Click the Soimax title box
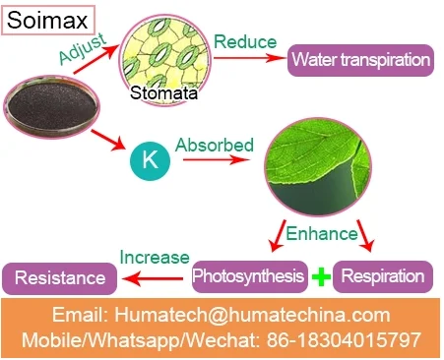(x=48, y=20)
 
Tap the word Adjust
(x=83, y=48)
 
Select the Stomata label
(x=163, y=92)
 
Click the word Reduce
(x=245, y=42)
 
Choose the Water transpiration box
(x=360, y=60)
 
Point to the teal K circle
(x=150, y=161)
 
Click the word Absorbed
(x=215, y=145)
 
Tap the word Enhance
(x=322, y=234)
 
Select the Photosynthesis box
(x=249, y=276)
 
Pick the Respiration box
(x=383, y=276)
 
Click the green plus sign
(x=321, y=276)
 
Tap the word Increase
(x=155, y=258)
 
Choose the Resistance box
(x=60, y=278)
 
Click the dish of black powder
(x=51, y=106)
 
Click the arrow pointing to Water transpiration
(x=250, y=58)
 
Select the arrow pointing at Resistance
(x=153, y=279)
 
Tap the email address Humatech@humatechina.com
(x=252, y=315)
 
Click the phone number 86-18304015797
(x=344, y=339)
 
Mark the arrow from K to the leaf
(x=217, y=159)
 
